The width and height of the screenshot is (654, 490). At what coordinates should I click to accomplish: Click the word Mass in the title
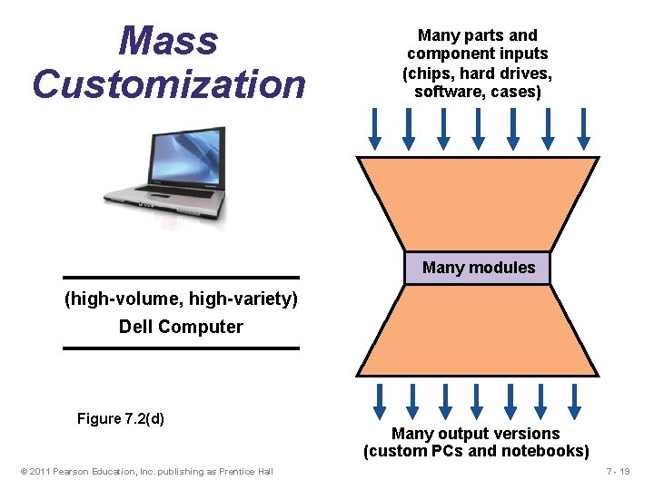click(x=169, y=41)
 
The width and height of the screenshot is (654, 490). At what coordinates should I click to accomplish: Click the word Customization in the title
click(x=169, y=84)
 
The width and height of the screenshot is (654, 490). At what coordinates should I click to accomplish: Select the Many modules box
click(x=478, y=268)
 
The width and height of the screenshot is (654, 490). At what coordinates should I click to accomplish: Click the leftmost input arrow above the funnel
click(x=374, y=128)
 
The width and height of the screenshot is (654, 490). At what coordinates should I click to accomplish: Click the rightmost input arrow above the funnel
click(x=582, y=128)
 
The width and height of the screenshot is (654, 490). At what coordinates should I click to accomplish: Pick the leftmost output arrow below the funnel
click(x=380, y=400)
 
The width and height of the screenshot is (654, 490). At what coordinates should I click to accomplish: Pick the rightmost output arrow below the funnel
click(x=575, y=400)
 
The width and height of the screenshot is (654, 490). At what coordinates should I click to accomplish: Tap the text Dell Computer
click(x=181, y=328)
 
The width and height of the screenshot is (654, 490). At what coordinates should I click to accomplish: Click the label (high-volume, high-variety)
click(x=181, y=299)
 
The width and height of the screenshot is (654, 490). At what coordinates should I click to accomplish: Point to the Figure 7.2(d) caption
click(x=121, y=418)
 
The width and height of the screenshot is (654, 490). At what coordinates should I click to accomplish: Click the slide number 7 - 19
click(x=623, y=471)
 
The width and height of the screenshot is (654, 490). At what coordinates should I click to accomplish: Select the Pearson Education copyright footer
click(x=146, y=471)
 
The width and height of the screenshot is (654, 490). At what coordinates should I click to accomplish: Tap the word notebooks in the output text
click(x=547, y=451)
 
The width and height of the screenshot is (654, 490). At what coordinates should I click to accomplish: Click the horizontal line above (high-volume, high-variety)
click(x=181, y=278)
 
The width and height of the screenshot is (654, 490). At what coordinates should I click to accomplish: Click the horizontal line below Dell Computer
click(x=181, y=348)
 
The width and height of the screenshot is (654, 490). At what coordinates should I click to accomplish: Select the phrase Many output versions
click(x=475, y=434)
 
